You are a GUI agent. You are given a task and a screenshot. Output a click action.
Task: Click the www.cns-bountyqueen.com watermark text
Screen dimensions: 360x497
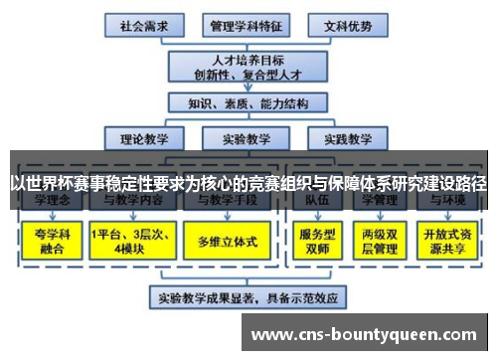369,335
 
